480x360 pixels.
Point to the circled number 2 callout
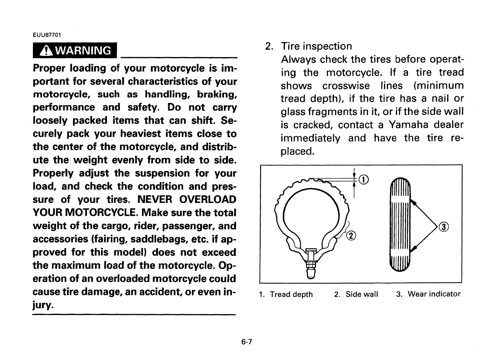coord(351,236)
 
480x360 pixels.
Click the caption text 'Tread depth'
coord(291,295)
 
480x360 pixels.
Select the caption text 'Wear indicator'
coord(434,294)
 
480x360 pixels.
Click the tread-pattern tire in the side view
coord(401,225)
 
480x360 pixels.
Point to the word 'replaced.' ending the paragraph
coord(297,151)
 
